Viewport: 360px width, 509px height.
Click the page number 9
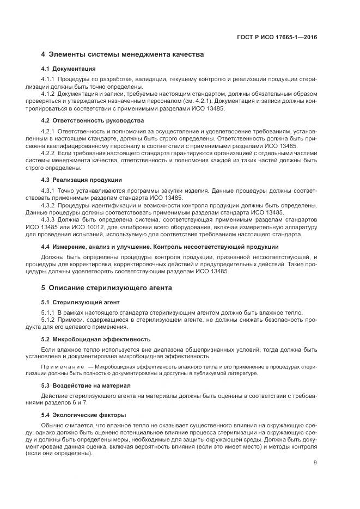pos(315,463)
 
